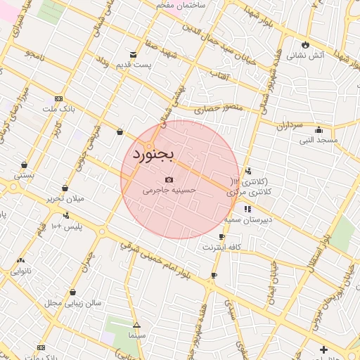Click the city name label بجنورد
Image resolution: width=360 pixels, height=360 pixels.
point(153,153)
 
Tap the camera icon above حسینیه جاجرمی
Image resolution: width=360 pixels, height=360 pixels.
point(169,180)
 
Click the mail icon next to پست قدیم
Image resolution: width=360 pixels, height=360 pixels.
point(134,54)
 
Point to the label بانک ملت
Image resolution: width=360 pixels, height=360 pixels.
point(58,109)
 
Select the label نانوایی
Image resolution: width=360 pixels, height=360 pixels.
point(20,270)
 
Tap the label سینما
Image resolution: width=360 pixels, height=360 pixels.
point(136,336)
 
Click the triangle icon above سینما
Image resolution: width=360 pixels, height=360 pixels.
point(136,326)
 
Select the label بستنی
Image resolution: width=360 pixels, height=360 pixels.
point(24,174)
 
